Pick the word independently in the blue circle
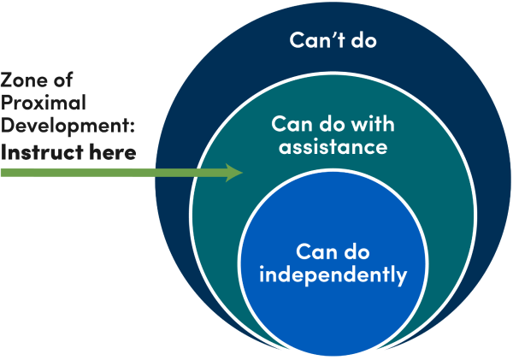pos(333,275)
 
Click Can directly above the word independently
pos(315,251)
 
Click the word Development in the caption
pos(65,128)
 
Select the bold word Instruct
pos(38,153)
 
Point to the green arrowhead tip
pos(243,174)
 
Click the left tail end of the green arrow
pos(3,174)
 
